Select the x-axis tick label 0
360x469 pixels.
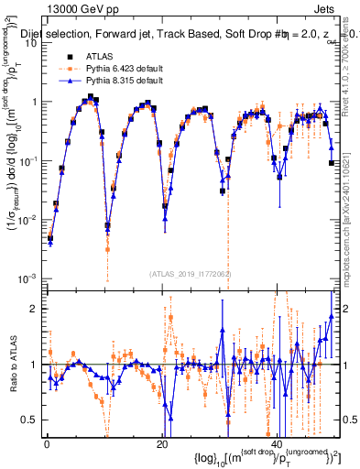[47, 444]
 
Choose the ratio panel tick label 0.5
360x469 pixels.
[32, 419]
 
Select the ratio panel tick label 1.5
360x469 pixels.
[32, 336]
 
